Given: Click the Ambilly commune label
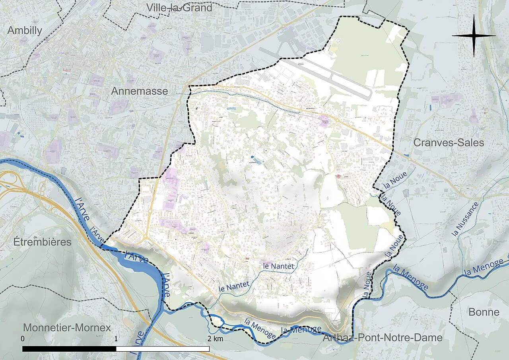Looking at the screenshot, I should pos(25,30).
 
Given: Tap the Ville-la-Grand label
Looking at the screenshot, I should pos(179,7).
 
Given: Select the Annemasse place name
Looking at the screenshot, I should pos(139,91).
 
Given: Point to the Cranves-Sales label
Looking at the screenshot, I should pos(449,142).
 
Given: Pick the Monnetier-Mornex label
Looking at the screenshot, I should pos(67,328).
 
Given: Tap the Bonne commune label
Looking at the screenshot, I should pos(484,312).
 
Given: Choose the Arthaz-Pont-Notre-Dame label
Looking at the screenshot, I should pos(382,338).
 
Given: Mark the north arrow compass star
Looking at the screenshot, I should pos(474,35).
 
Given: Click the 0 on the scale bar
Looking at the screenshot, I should pos(23,339).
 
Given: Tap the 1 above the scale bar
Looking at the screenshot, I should pos(116,339).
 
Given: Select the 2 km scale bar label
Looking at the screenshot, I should pos(215,339).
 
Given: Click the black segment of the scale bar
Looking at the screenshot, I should pos(69,348).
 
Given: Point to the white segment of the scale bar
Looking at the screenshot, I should pos(163,348).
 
